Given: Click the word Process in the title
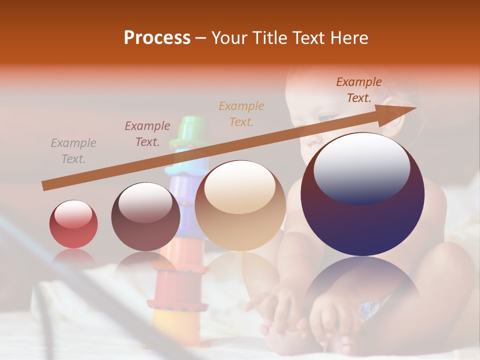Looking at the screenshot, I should [157, 38].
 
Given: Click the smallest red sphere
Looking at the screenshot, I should [73, 224].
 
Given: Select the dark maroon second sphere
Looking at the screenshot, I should [145, 216].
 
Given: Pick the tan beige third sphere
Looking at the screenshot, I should [240, 206].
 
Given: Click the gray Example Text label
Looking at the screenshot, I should [73, 151].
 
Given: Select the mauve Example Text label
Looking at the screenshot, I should [147, 134].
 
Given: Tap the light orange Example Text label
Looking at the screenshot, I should [241, 113].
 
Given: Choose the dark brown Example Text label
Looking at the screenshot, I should [359, 90].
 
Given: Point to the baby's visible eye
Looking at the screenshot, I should [327, 117].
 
